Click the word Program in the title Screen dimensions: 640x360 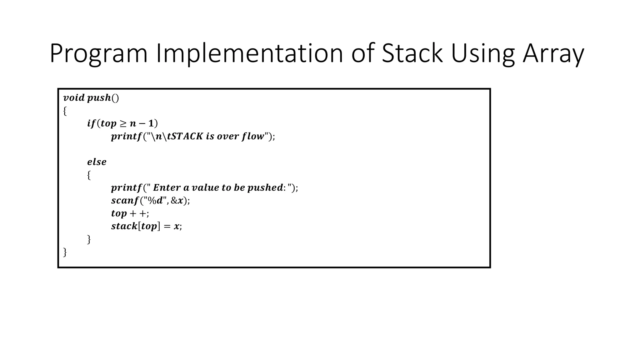[x=98, y=54]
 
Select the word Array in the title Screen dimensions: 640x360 [x=553, y=54]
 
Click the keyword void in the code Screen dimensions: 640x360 [x=74, y=98]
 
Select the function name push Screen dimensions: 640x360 [x=99, y=98]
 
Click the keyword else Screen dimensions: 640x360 [x=97, y=162]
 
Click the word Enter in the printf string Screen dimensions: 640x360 [x=167, y=187]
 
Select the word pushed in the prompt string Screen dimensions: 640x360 [x=265, y=187]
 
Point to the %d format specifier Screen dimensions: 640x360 [x=155, y=201]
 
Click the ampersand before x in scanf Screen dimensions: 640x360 [x=174, y=201]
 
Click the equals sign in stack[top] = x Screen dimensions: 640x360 [x=167, y=227]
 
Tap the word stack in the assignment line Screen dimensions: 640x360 [x=124, y=226]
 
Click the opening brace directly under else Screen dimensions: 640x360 [x=89, y=175]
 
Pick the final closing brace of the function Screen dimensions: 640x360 [x=65, y=252]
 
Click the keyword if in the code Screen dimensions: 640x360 [x=91, y=124]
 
